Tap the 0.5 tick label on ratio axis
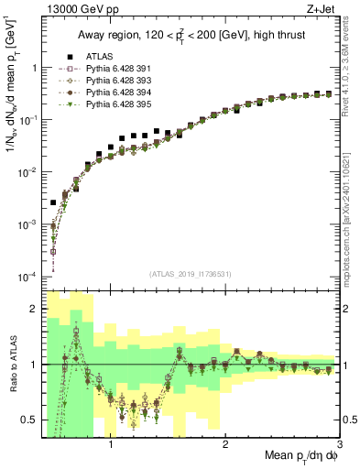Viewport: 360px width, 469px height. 29,421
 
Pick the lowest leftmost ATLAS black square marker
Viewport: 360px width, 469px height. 53,202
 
